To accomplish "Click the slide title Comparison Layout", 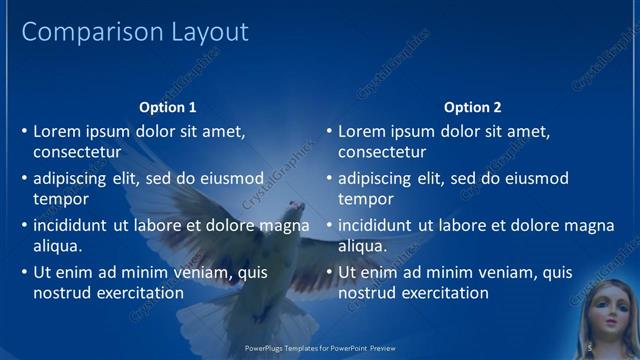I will pos(135,32).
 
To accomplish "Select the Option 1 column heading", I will pos(168,107).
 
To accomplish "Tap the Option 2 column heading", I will pos(473,107).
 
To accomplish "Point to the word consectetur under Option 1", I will pos(77,152).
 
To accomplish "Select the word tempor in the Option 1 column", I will pos(61,199).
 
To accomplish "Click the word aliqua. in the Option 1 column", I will pos(58,246).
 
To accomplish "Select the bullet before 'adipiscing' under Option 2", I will pos(329,179).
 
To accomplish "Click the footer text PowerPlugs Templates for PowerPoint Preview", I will pos(320,348).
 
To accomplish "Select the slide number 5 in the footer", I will pos(590,348).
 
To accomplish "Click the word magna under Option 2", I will pos(590,226).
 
